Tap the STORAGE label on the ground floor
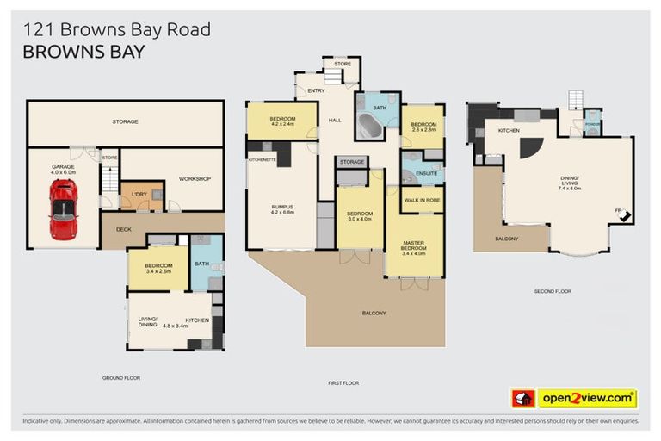click(125, 121)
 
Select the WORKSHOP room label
click(195, 178)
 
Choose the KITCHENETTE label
click(262, 160)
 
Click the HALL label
click(336, 120)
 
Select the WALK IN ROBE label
click(422, 199)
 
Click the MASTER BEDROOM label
click(415, 246)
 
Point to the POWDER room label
click(592, 123)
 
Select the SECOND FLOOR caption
click(553, 291)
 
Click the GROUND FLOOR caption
click(121, 377)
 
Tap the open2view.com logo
click(587, 398)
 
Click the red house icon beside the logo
click(523, 398)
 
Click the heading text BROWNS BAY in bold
click(83, 52)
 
